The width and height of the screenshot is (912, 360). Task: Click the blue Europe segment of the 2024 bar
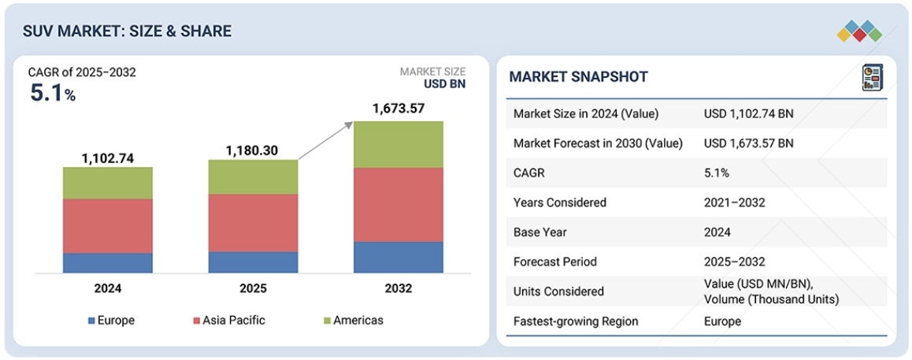pos(108,263)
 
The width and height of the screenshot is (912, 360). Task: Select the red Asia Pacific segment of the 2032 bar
pos(398,204)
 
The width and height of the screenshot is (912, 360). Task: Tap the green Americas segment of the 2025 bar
pos(253,177)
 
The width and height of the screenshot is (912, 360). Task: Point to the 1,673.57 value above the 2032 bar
pos(398,109)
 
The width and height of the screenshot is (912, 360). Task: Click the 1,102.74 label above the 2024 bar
pos(108,158)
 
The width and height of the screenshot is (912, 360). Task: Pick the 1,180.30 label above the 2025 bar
pos(253,150)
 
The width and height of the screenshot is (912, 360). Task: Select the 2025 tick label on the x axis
pos(253,288)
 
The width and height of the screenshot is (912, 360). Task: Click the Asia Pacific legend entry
pos(228,321)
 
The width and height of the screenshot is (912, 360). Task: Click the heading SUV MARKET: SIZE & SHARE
pos(128,32)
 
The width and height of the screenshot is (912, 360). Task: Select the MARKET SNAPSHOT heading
pos(578,76)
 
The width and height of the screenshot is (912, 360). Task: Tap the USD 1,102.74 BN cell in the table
pos(748,114)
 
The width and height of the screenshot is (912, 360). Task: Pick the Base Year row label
pos(540,232)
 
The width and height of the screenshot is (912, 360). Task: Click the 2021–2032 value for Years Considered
pos(734,202)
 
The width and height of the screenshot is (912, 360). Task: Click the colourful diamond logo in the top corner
pos(859,31)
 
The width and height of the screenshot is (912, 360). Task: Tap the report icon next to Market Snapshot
pos(872,77)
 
